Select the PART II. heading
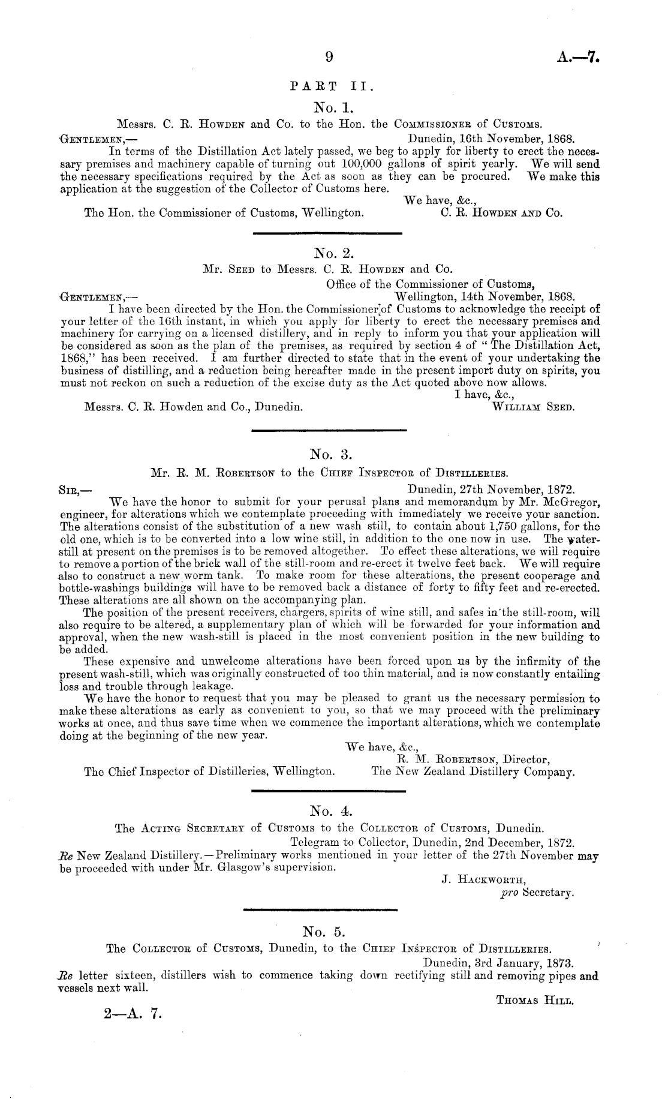pos(331,86)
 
